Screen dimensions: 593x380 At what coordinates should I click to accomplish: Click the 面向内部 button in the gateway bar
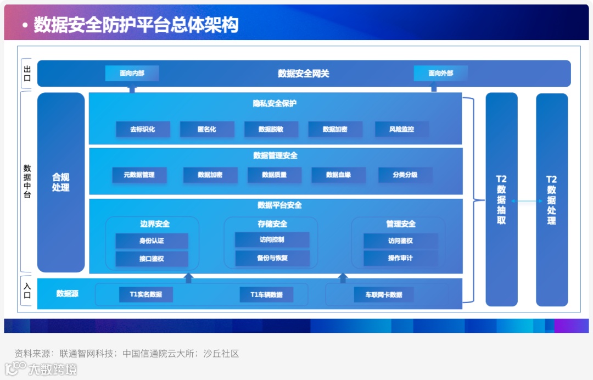tap(132, 73)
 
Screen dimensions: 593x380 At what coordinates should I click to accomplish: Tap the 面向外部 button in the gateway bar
tap(440, 73)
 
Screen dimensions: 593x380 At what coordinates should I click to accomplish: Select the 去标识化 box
tap(143, 129)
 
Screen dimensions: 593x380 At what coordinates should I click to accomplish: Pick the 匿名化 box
tap(206, 129)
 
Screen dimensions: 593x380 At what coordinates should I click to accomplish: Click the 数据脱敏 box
tap(271, 129)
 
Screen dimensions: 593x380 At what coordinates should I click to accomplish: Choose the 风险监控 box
tap(401, 129)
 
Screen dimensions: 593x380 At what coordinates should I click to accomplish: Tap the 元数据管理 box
tap(139, 175)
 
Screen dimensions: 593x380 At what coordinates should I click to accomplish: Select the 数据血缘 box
tap(338, 175)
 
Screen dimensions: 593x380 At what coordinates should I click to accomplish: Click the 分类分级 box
tap(405, 175)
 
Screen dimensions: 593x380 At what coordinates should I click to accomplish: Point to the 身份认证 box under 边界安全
tap(152, 241)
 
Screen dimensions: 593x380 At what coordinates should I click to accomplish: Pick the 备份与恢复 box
tap(273, 258)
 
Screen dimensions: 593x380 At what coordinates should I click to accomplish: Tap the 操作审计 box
tap(400, 258)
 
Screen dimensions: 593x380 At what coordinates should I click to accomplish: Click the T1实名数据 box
tap(146, 294)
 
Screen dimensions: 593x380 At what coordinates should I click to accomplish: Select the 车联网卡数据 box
tap(384, 294)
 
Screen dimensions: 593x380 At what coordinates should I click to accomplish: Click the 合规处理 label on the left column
tap(61, 182)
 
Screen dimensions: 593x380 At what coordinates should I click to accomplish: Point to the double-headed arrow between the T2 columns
tap(527, 202)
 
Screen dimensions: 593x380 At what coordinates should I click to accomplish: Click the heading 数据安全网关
tap(303, 73)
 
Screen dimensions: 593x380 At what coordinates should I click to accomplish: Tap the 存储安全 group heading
tap(272, 223)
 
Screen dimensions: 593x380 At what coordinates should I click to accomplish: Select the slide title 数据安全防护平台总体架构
tap(136, 25)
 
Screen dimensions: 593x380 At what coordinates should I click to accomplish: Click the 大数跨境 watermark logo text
tap(53, 369)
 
